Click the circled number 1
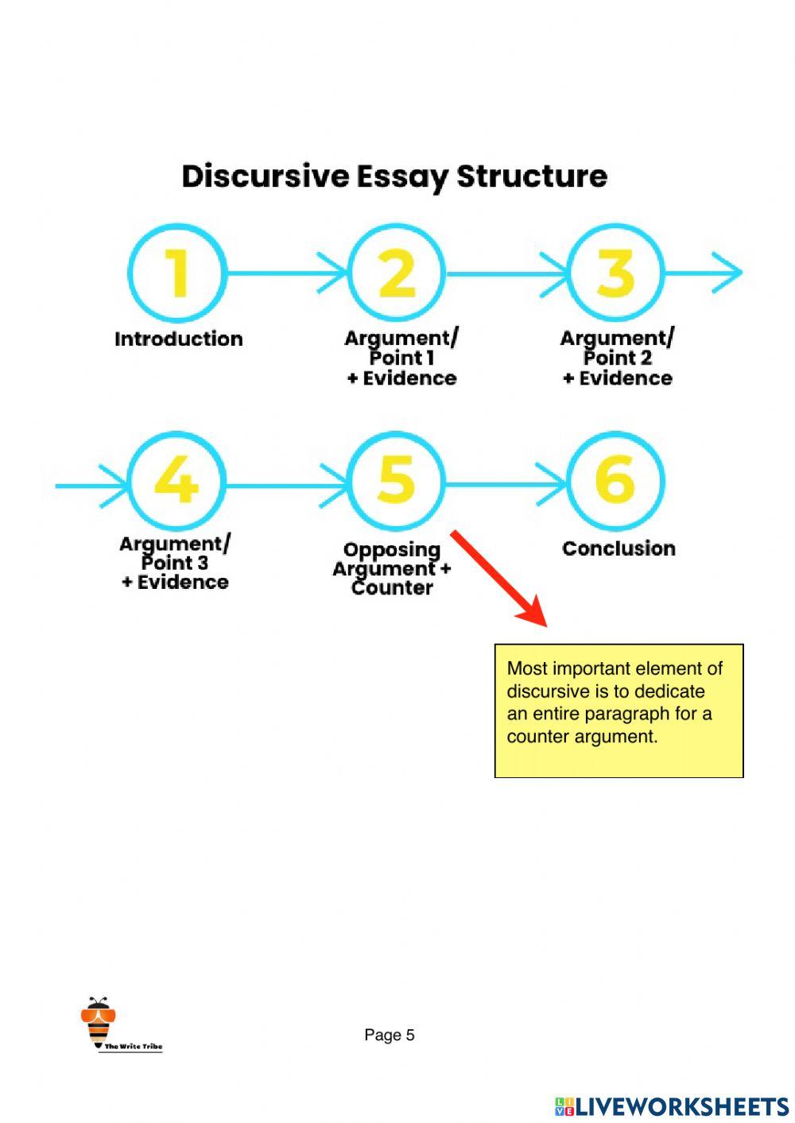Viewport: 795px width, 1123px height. pos(178,273)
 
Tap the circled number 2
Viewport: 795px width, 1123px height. pos(397,273)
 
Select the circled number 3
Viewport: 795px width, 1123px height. pos(616,273)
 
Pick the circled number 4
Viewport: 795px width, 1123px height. pos(176,481)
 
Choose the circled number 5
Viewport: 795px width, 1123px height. pos(396,481)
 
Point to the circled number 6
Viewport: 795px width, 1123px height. pos(615,481)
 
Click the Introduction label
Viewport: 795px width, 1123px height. pos(179,339)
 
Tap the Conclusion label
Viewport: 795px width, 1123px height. pos(619,548)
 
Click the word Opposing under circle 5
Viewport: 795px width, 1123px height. pos(392,550)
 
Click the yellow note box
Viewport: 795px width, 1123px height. pos(619,711)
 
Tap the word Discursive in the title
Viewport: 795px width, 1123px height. pos(266,176)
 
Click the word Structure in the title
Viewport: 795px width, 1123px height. pos(532,176)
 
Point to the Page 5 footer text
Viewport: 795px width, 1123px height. pos(390,1035)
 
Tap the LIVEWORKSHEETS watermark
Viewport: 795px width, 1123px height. pos(672,1106)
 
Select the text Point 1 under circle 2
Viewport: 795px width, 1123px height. pos(402,358)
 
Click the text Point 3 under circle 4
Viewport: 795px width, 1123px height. pos(175,563)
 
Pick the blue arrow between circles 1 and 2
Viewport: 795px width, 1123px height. pos(286,273)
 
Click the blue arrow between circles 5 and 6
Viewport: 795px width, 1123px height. pos(506,483)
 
